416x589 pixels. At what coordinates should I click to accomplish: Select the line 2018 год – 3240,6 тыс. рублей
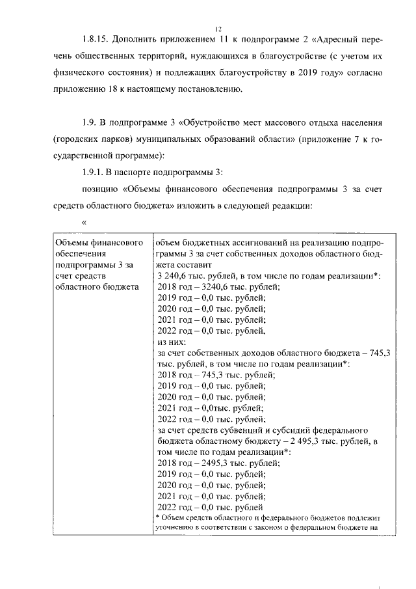pyautogui.click(x=218, y=287)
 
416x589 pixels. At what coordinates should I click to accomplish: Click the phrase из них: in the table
pyautogui.click(x=172, y=342)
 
